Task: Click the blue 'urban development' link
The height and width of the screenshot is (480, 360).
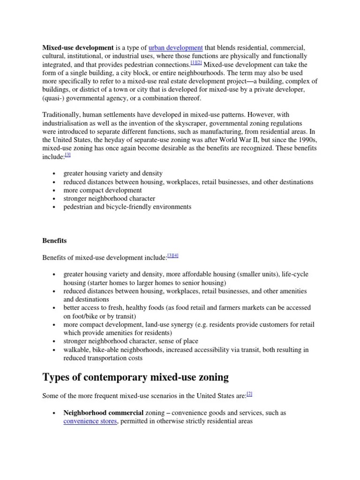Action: (175, 47)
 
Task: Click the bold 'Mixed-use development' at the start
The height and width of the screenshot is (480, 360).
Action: (78, 47)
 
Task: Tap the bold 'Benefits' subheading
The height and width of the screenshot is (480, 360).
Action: (54, 240)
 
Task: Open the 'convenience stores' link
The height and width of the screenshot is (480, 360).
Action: (90, 421)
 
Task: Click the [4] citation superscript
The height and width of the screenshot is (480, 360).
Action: (176, 256)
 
